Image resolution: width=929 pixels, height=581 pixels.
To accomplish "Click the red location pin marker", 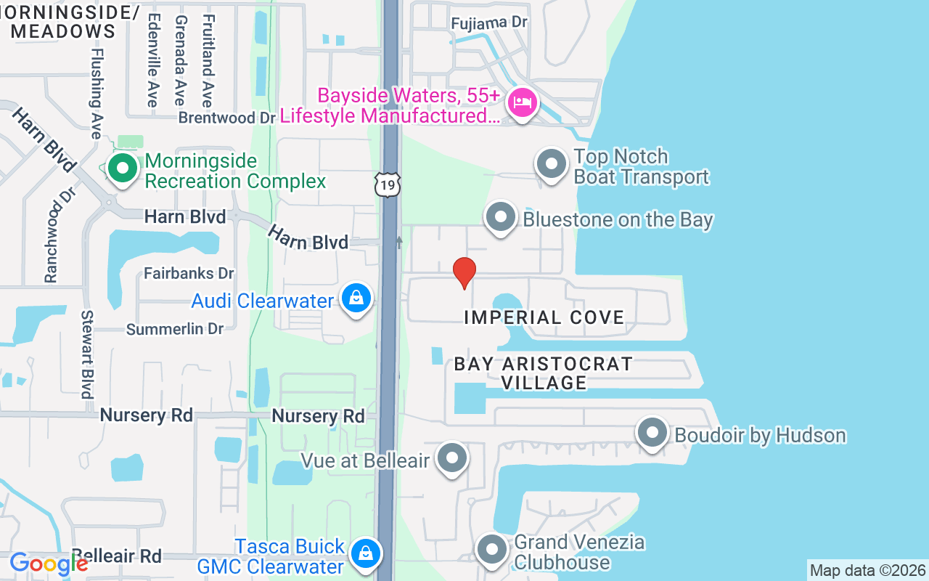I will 464,272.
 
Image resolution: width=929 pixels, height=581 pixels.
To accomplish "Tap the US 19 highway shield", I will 388,185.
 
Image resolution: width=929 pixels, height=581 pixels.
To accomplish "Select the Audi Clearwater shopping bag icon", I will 356,298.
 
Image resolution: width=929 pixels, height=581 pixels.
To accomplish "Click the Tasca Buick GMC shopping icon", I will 366,553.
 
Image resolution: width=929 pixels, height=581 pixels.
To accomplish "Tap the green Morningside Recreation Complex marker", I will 123,169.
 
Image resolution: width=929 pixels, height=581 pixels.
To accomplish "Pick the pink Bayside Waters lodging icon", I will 522,102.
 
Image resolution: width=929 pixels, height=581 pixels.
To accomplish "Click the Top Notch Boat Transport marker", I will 552,164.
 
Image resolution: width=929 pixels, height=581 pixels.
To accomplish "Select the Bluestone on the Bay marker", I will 500,217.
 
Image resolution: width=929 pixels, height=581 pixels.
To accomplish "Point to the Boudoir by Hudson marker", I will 652,434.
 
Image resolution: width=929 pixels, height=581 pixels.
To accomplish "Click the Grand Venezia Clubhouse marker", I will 492,550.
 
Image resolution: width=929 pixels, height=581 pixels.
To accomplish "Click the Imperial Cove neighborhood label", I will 544,317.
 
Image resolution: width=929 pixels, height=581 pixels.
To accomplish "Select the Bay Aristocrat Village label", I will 544,373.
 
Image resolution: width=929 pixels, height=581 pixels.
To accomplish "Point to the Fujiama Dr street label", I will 488,23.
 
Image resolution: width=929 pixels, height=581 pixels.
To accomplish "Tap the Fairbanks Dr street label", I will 189,274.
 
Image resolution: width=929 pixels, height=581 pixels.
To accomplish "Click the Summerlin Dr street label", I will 175,329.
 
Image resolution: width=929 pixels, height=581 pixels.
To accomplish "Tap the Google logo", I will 48,563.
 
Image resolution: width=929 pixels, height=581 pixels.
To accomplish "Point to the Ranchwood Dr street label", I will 50,235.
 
